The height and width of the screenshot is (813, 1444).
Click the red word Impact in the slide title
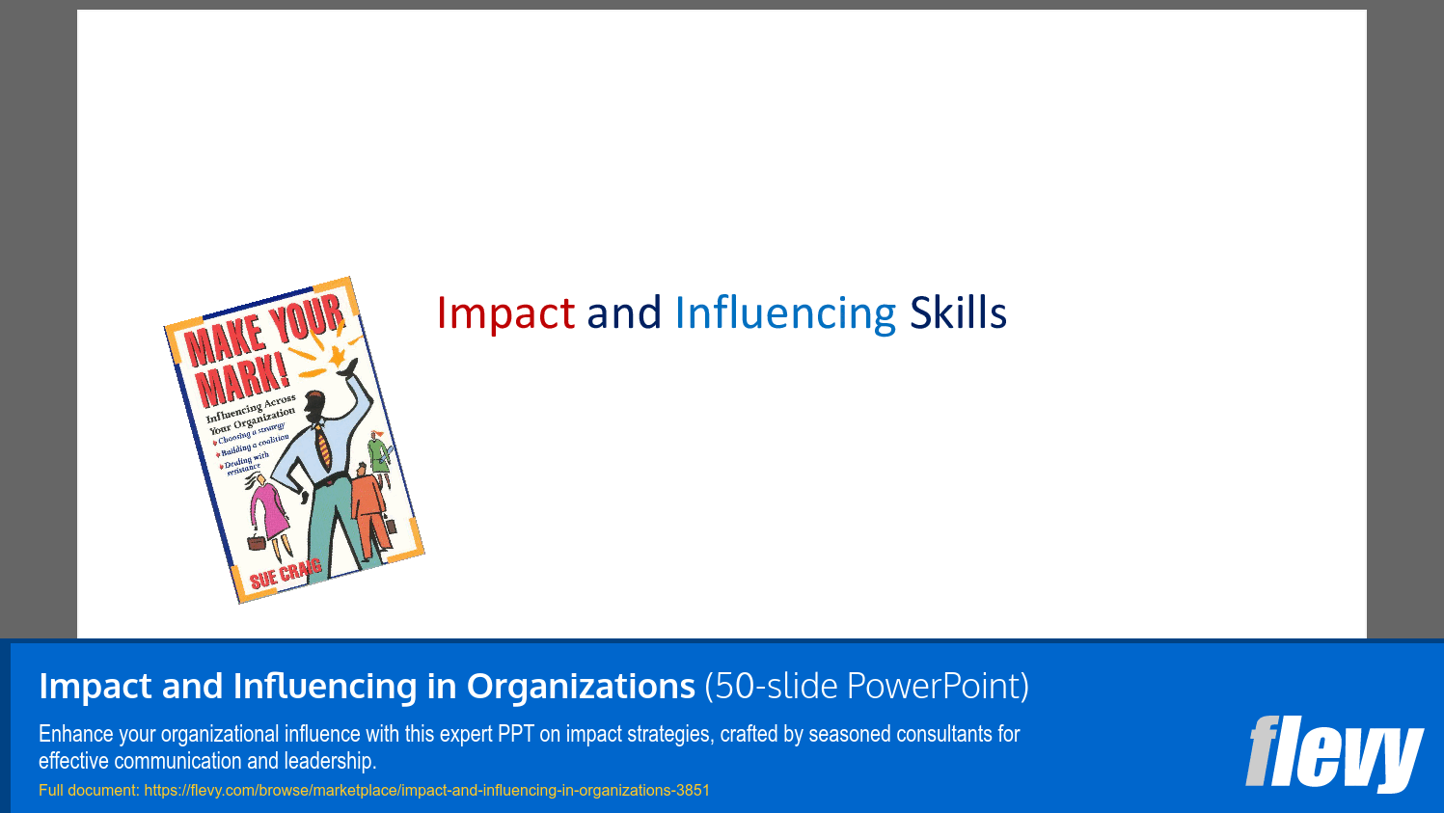[505, 313]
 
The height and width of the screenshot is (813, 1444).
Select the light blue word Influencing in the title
[785, 314]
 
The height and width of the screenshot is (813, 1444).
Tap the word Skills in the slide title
[958, 313]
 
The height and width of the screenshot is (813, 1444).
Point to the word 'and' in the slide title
[624, 313]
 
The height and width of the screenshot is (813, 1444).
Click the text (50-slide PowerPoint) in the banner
[866, 686]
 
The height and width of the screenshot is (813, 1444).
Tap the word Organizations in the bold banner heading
[581, 686]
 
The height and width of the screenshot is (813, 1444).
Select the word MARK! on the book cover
[241, 379]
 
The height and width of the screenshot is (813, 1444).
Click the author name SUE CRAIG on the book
[286, 573]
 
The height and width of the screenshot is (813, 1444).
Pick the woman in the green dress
[378, 453]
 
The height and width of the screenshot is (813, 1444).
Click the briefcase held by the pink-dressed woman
[257, 542]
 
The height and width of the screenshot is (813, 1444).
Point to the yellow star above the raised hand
[338, 356]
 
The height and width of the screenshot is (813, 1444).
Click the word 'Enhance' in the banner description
[75, 734]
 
